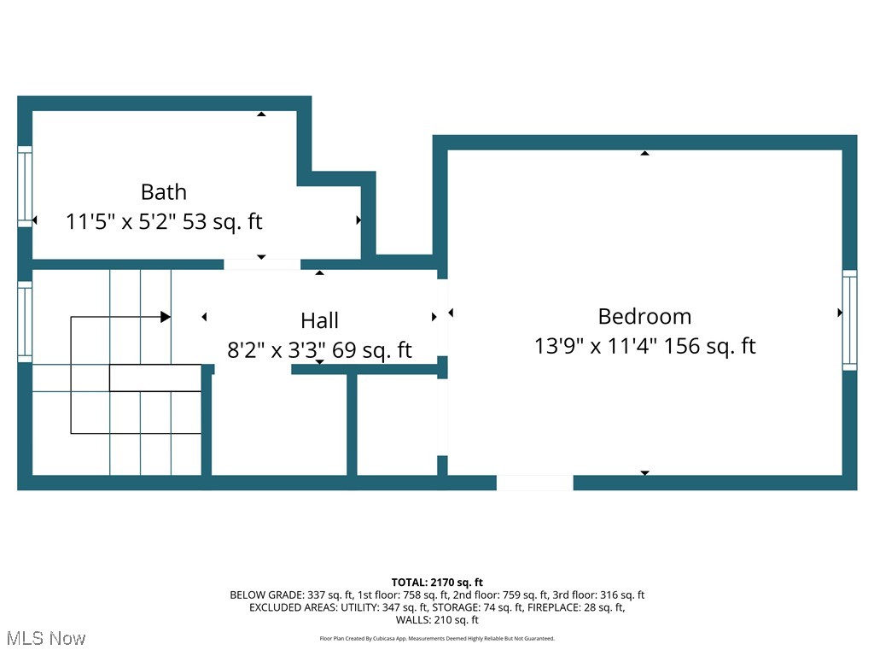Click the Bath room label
163,191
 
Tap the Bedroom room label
644,316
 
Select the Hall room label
319,320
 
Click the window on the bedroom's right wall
849,320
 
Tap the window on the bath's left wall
25,186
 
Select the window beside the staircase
25,320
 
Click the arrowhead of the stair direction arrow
166,317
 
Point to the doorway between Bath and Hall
262,264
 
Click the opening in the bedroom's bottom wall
534,483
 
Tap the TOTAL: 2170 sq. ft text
437,583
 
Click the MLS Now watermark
46,638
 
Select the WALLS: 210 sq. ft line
437,620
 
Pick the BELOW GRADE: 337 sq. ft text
286,595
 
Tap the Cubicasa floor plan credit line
437,638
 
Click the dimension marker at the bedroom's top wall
644,154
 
